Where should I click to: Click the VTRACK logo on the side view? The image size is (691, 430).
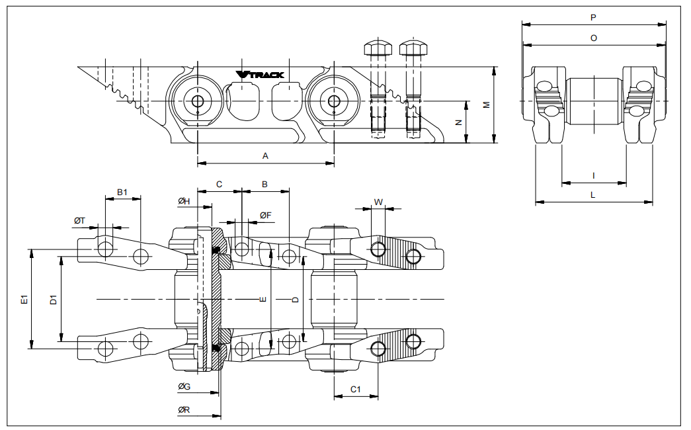coord(260,75)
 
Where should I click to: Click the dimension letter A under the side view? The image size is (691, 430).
coord(265,156)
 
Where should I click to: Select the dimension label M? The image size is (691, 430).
coord(486,105)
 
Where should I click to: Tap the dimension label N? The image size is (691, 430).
coord(458,122)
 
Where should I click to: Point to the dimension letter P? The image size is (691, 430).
coord(593,18)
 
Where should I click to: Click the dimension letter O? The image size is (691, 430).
coord(593,38)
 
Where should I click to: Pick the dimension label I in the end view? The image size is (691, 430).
coord(593,175)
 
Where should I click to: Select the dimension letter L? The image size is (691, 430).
coord(593,195)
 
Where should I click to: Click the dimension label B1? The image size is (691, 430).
coord(122,192)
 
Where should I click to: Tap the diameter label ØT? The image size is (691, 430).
coord(79,220)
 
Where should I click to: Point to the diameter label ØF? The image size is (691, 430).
coord(265,215)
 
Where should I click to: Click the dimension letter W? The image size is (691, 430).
coord(378,201)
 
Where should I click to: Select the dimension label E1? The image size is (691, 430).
coord(23,299)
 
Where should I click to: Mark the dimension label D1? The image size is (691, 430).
coord(53,299)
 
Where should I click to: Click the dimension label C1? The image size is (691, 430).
coord(354,389)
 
